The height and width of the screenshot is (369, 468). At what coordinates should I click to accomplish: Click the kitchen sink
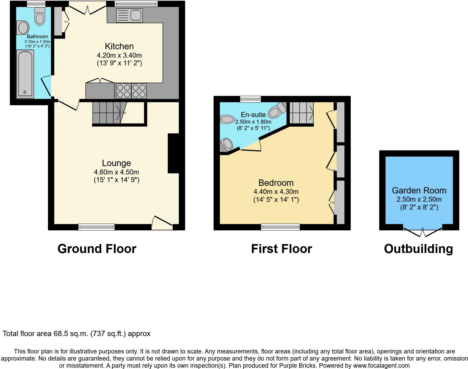pyautogui.click(x=129, y=15)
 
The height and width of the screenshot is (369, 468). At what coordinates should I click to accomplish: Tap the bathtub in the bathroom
pyautogui.click(x=25, y=74)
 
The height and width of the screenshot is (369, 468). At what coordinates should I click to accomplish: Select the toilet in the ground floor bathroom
pyautogui.click(x=40, y=16)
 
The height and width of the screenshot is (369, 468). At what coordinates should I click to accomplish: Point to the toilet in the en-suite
pyautogui.click(x=276, y=111)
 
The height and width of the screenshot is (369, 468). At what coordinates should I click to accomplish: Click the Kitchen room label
pyautogui.click(x=119, y=46)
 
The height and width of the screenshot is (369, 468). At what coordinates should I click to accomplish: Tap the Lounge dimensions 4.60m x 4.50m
pyautogui.click(x=116, y=172)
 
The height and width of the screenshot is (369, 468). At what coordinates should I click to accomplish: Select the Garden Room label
pyautogui.click(x=419, y=190)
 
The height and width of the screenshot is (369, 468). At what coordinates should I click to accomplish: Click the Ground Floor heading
pyautogui.click(x=97, y=249)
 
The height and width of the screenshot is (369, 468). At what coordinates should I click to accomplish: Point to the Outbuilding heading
pyautogui.click(x=418, y=249)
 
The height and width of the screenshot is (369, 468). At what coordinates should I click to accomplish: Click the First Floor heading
pyautogui.click(x=281, y=249)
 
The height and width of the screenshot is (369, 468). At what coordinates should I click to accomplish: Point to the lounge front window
pyautogui.click(x=96, y=227)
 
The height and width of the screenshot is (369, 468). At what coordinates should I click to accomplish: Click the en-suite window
pyautogui.click(x=250, y=99)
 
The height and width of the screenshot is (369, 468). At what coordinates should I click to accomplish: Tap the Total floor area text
pyautogui.click(x=76, y=334)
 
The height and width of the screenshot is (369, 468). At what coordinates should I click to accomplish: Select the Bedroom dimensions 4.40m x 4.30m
pyautogui.click(x=276, y=192)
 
